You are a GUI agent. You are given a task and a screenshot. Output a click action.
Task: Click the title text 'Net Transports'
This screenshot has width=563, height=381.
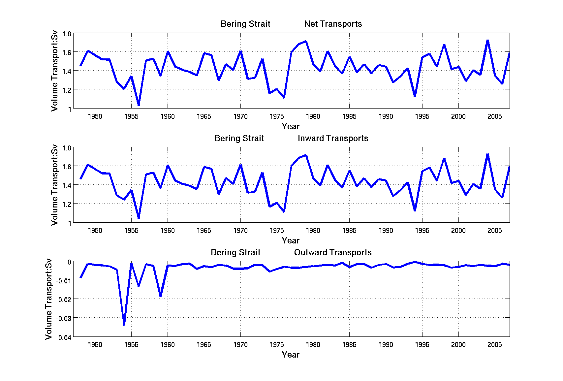[x=333, y=24]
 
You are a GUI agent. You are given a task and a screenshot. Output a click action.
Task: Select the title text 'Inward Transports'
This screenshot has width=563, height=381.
[x=333, y=138]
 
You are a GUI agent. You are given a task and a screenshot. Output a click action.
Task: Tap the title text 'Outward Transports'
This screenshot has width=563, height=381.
[x=332, y=252]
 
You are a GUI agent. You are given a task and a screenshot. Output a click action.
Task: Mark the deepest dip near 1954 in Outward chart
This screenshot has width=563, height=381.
[x=124, y=325]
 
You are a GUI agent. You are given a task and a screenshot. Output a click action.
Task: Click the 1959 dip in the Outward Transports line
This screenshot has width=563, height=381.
[x=161, y=296]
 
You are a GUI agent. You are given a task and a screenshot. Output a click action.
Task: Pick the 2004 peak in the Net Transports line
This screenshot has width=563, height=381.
[x=487, y=40]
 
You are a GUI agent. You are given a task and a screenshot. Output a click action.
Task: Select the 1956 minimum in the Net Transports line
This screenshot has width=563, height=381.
[x=139, y=105]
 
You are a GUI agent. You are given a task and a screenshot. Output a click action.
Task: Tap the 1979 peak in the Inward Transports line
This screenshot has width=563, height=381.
[x=306, y=155]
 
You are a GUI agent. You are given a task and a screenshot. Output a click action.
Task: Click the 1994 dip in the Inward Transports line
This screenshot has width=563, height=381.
[x=415, y=210]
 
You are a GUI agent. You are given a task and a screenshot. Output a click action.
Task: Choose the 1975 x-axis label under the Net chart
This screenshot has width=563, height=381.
[x=276, y=116]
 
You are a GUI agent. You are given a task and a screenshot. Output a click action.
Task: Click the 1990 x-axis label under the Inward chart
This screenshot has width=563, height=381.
[x=386, y=231]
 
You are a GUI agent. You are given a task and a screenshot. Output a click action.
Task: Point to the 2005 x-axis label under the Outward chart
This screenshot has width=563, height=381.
[x=494, y=345]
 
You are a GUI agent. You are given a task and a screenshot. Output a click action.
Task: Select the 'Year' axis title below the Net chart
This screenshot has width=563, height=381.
[x=291, y=126]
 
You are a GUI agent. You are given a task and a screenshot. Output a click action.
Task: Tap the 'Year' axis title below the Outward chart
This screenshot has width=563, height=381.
[x=291, y=355]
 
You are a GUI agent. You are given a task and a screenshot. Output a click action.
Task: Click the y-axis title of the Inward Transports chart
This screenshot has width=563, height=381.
[x=54, y=185]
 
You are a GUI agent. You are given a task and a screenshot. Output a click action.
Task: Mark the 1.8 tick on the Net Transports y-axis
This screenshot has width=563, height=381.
[x=67, y=34]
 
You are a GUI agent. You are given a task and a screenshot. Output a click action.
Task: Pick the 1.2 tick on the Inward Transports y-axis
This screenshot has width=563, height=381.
[x=67, y=204]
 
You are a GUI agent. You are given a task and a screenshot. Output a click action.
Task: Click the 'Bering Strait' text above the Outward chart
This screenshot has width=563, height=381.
[x=235, y=252]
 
